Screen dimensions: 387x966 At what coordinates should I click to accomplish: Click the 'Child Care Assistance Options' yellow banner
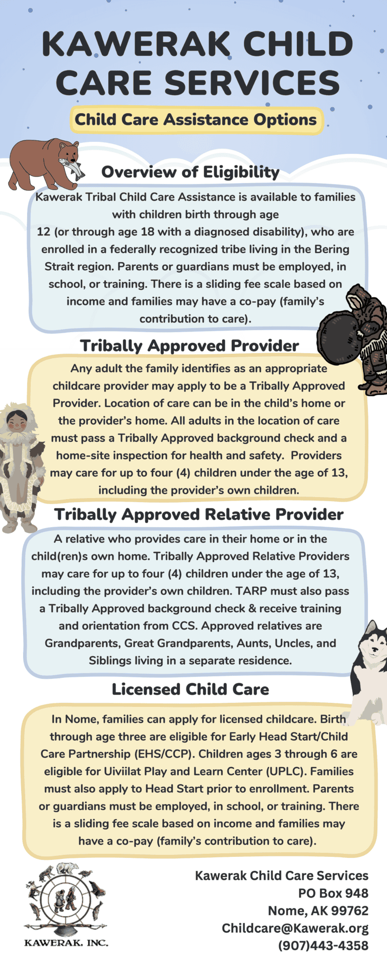tap(196, 120)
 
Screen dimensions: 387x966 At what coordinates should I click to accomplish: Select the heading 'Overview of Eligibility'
tap(190, 173)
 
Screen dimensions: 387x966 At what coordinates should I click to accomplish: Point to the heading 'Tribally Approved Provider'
tap(189, 346)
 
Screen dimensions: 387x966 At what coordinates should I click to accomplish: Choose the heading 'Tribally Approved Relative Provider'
tap(199, 515)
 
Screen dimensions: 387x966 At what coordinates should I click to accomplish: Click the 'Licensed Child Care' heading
tap(190, 689)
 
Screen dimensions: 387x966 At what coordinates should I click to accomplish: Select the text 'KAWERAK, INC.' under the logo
tap(66, 942)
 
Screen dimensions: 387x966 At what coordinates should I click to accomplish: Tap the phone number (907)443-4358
tap(323, 946)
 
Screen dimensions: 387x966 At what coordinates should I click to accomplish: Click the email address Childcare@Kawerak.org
tap(295, 928)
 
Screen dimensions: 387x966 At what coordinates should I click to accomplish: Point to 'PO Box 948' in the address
tap(333, 893)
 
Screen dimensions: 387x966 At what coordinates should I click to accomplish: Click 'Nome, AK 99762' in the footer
tap(318, 911)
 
